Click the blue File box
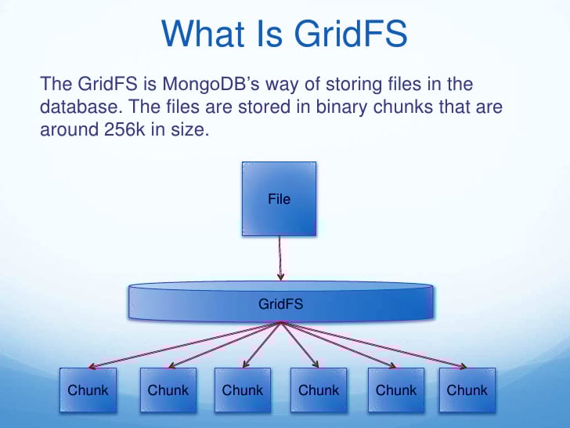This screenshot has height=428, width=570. [x=280, y=198]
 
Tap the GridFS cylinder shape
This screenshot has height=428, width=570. [x=280, y=303]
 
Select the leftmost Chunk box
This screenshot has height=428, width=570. [x=88, y=390]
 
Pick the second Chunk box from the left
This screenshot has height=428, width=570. [x=168, y=390]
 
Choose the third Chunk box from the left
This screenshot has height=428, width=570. [x=243, y=390]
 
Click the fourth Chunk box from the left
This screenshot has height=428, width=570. [x=319, y=390]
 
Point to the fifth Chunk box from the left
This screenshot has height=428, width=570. [x=396, y=390]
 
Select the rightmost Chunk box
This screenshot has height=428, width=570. [x=467, y=390]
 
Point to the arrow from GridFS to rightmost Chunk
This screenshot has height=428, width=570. [x=376, y=345]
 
